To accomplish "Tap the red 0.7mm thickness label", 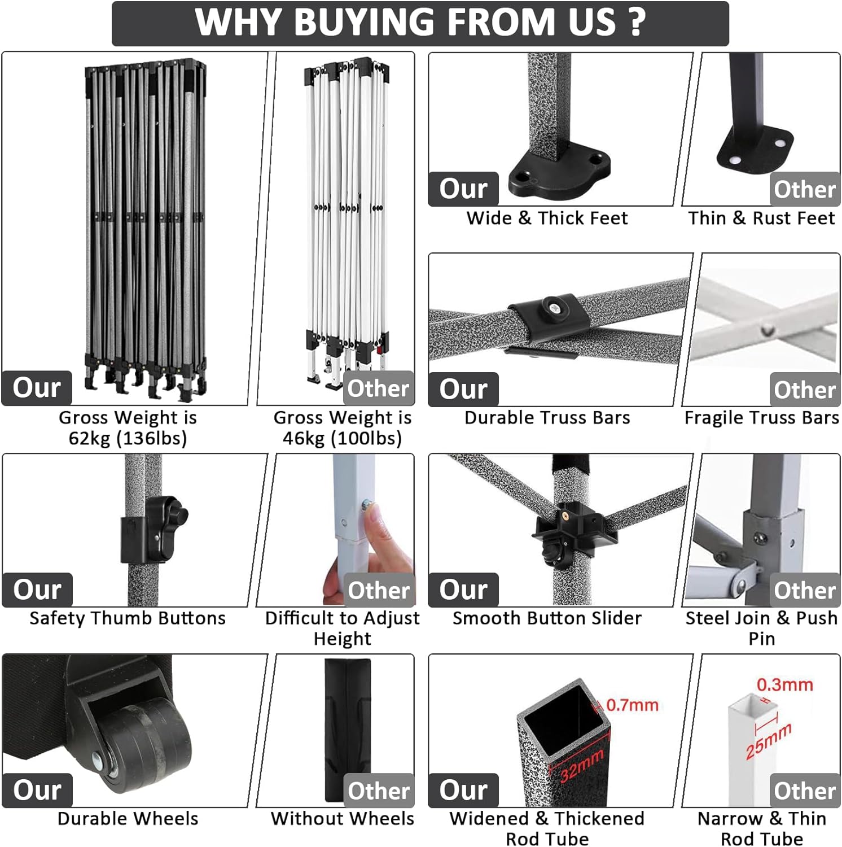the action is pyautogui.click(x=632, y=705).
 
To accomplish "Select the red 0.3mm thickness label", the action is pyautogui.click(x=784, y=685).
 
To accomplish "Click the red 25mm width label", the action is pyautogui.click(x=769, y=741).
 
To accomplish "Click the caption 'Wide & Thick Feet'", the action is pyautogui.click(x=547, y=218).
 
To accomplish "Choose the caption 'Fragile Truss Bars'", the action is pyautogui.click(x=761, y=418).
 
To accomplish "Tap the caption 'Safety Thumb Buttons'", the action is pyautogui.click(x=128, y=618).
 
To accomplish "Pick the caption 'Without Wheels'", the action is pyautogui.click(x=342, y=819).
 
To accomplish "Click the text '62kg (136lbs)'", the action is pyautogui.click(x=128, y=438).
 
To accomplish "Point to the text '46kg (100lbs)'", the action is pyautogui.click(x=342, y=438).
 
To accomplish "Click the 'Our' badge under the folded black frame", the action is pyautogui.click(x=37, y=388).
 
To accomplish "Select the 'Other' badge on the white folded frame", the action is pyautogui.click(x=378, y=388).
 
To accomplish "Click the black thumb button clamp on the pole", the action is pyautogui.click(x=152, y=531).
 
